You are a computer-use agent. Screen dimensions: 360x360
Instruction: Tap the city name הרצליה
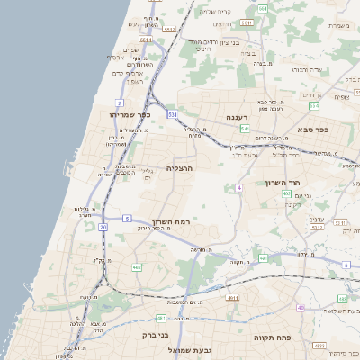coord(181,167)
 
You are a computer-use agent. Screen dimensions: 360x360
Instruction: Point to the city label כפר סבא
coord(310,130)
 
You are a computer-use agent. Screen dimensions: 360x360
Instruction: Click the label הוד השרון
coord(281,184)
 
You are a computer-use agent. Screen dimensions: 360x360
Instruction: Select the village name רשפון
coord(134,82)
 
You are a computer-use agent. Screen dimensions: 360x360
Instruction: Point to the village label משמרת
coord(336,25)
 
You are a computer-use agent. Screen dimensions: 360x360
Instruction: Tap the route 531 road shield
coord(172,114)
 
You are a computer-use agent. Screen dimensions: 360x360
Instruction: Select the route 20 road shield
coord(103,228)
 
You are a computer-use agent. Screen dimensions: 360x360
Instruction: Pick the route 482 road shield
coord(137,267)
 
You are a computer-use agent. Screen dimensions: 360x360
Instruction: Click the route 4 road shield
coord(239,187)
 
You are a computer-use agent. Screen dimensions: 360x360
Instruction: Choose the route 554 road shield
coord(243,130)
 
